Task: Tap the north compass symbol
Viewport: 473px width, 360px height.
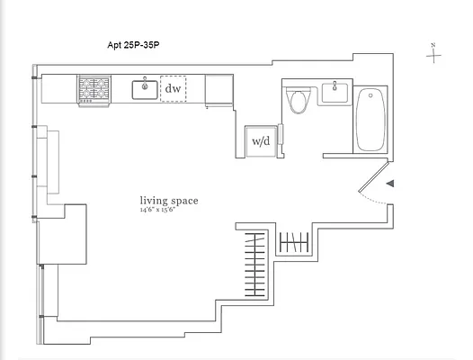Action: click(435, 56)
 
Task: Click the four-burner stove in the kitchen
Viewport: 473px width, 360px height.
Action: click(94, 89)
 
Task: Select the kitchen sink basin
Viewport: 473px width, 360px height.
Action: click(145, 89)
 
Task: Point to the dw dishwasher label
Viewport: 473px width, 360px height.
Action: click(173, 89)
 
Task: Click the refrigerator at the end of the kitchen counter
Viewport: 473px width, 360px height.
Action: click(219, 90)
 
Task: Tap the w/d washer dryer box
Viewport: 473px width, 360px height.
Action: click(261, 140)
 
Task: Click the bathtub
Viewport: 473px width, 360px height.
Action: click(370, 118)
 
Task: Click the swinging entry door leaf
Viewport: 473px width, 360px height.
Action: click(371, 181)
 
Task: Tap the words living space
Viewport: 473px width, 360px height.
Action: click(168, 201)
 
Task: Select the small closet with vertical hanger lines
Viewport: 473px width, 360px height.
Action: click(294, 241)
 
